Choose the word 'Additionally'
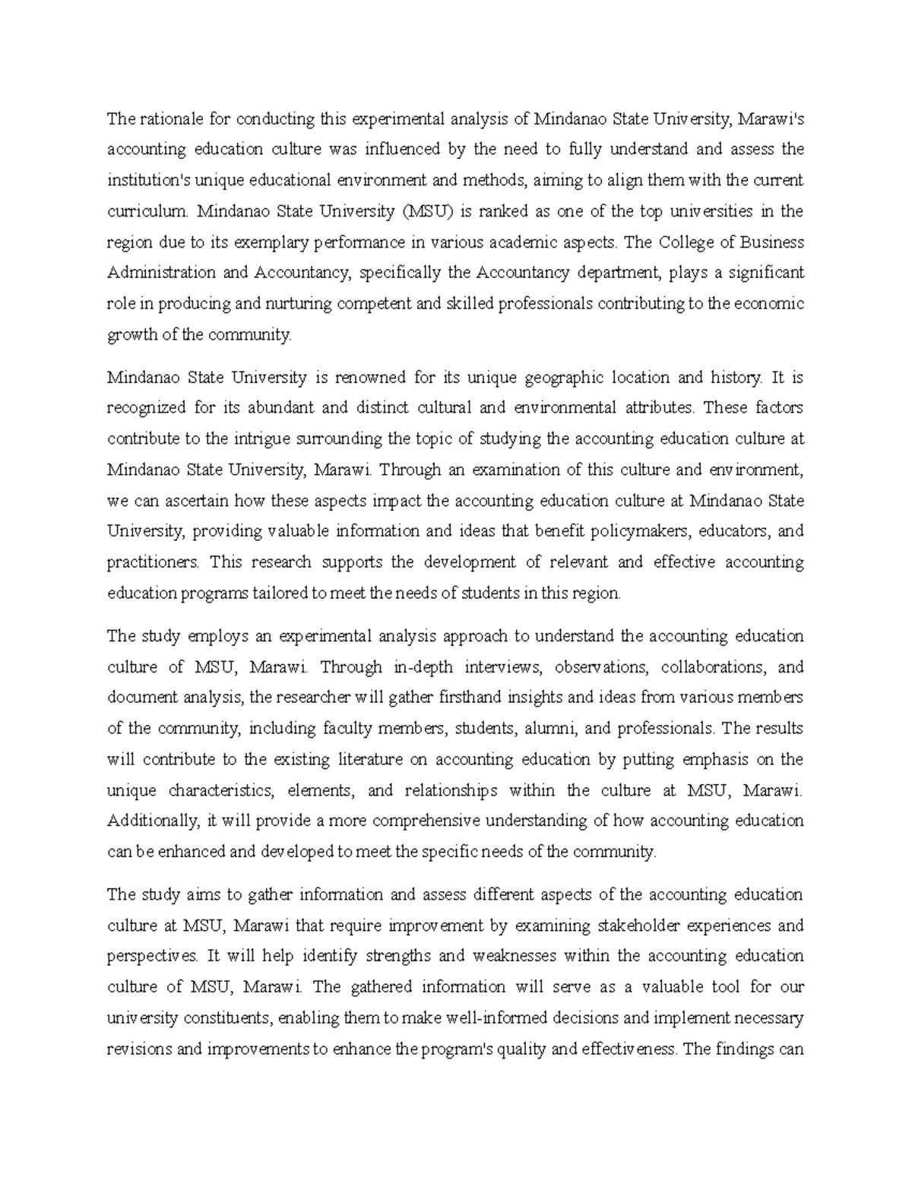(x=152, y=821)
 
